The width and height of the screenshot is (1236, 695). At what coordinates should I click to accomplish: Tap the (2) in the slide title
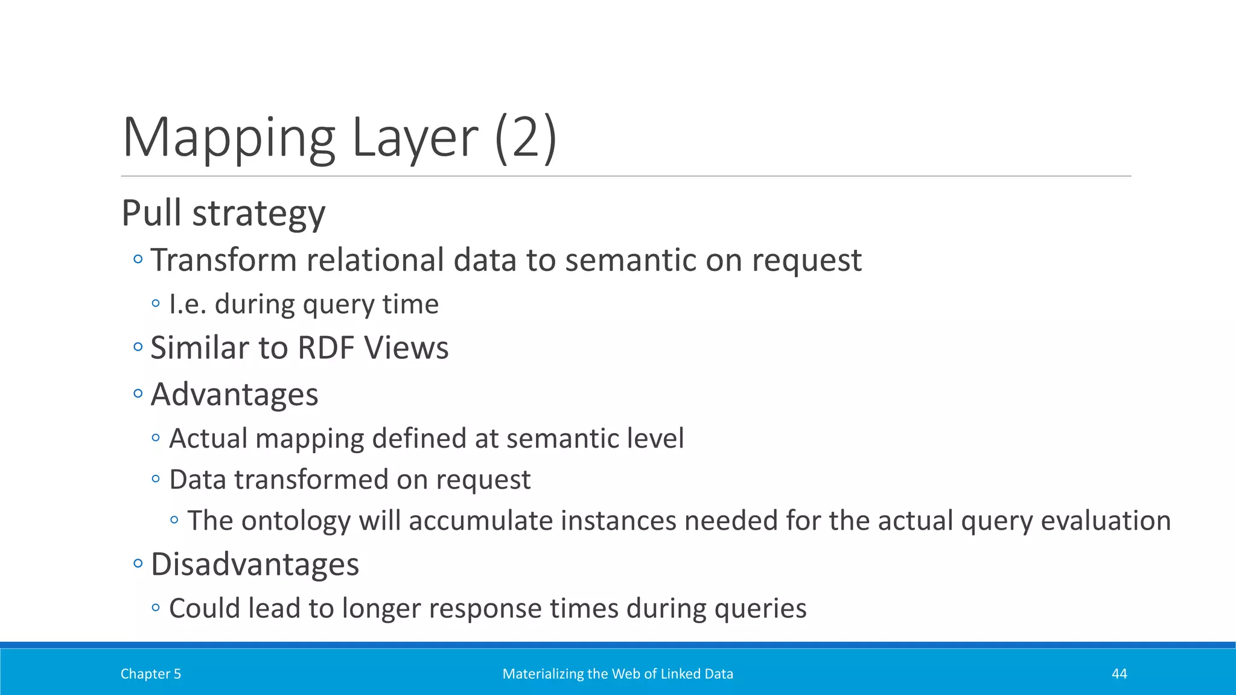pos(525,138)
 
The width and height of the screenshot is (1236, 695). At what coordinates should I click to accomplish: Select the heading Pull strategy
pos(223,214)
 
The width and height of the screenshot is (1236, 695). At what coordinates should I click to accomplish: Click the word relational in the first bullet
pos(375,261)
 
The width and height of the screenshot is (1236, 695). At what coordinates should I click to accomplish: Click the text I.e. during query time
pos(304,304)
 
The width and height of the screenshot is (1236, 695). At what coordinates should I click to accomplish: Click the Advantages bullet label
pos(234,395)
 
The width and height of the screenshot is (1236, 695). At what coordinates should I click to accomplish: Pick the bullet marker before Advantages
pos(138,394)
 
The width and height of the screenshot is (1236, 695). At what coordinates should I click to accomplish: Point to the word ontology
pos(296,521)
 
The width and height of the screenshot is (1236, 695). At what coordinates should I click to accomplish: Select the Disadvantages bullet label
pos(255,565)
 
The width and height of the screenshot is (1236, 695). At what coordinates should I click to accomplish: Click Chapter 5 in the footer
pos(151,674)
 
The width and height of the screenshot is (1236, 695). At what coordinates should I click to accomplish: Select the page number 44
pos(1119,674)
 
